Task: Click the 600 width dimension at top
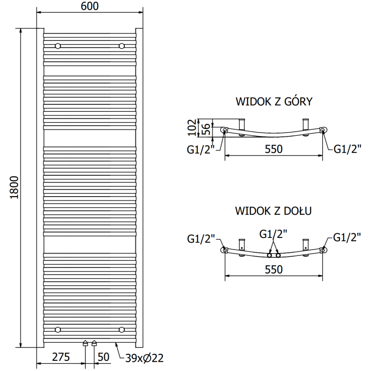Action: (x=88, y=6)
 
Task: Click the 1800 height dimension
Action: (x=14, y=188)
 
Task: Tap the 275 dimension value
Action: (x=61, y=357)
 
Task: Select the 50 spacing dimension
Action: (x=104, y=357)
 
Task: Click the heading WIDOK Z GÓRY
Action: (x=274, y=102)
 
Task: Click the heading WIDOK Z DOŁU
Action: (x=273, y=211)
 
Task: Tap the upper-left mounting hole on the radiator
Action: (x=58, y=46)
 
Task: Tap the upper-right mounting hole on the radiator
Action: (x=122, y=46)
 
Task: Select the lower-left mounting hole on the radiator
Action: (x=58, y=329)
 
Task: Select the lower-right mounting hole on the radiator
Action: (x=122, y=329)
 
